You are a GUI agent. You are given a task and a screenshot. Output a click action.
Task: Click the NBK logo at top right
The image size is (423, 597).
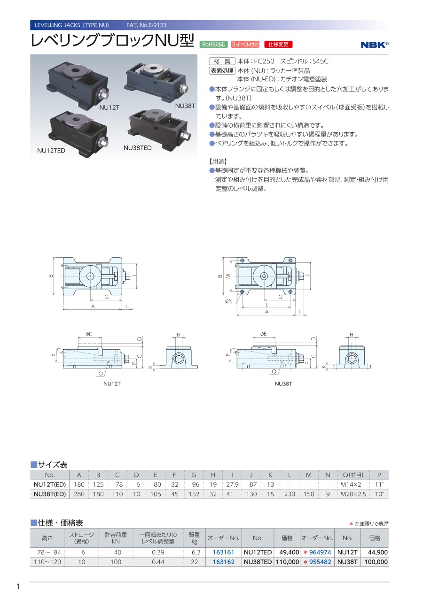tap(375, 45)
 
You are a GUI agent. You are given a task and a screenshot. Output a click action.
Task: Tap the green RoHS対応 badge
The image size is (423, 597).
tap(213, 44)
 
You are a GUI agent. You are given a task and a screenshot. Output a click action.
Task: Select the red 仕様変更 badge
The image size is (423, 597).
tap(278, 44)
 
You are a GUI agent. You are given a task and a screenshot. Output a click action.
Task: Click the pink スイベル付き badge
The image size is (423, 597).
tap(245, 44)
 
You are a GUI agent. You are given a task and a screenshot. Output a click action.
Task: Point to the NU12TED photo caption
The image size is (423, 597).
tap(51, 151)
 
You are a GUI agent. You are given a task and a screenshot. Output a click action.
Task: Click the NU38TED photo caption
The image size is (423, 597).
tap(137, 148)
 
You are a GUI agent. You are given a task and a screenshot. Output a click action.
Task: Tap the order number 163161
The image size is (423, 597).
tap(223, 552)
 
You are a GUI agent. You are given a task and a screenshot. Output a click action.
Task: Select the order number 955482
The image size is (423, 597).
tap(320, 562)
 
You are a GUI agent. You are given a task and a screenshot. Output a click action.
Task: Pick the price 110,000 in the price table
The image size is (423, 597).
tap(288, 562)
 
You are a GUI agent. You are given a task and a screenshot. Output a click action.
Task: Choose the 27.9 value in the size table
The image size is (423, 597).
tap(232, 484)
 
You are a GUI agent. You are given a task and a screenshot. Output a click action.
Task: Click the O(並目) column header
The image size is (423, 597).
tap(353, 475)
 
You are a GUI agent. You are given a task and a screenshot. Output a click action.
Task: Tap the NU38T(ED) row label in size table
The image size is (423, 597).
tap(50, 494)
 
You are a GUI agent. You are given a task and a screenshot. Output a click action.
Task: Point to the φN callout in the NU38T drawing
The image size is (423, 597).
tap(229, 301)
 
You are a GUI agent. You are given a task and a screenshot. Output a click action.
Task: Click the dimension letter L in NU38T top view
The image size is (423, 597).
tap(266, 304)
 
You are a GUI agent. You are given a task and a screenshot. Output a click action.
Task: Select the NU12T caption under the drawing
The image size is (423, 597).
tap(112, 384)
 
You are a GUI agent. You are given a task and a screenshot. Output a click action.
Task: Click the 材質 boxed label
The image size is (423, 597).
tap(222, 61)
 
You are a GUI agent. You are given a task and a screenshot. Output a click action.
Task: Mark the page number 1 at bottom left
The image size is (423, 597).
tap(18, 586)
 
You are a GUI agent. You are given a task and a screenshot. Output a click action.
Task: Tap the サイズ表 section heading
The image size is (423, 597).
tap(53, 465)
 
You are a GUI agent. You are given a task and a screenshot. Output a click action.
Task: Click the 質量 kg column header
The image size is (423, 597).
tap(194, 538)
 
